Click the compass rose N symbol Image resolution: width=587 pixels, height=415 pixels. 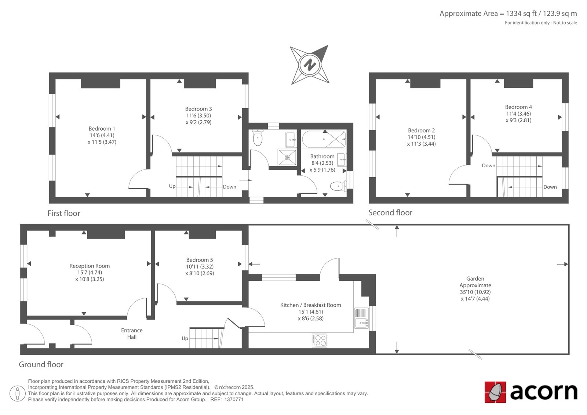(310, 65)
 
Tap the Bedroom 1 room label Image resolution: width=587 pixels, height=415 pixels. (102, 129)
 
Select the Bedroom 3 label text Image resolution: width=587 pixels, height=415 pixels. (198, 109)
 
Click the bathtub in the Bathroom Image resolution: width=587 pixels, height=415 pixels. (324, 139)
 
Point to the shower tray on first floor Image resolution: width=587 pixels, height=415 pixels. (287, 157)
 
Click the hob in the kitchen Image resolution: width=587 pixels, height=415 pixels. (320, 340)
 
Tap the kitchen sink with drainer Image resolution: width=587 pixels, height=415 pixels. (361, 318)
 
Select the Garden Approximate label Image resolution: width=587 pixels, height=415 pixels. (475, 282)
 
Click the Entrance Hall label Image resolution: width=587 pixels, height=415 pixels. (132, 334)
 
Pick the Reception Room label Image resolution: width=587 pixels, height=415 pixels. (90, 266)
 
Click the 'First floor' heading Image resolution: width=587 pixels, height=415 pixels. (64, 213)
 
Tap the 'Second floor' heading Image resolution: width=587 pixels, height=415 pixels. (390, 212)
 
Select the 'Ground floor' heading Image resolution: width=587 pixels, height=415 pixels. (41, 364)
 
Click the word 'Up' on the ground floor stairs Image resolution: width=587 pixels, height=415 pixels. (185, 338)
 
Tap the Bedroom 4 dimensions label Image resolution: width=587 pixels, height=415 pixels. (518, 117)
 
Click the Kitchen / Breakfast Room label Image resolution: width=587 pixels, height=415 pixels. (310, 305)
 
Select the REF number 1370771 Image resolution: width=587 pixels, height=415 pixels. (234, 400)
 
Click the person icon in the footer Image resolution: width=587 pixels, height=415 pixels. (18, 393)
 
